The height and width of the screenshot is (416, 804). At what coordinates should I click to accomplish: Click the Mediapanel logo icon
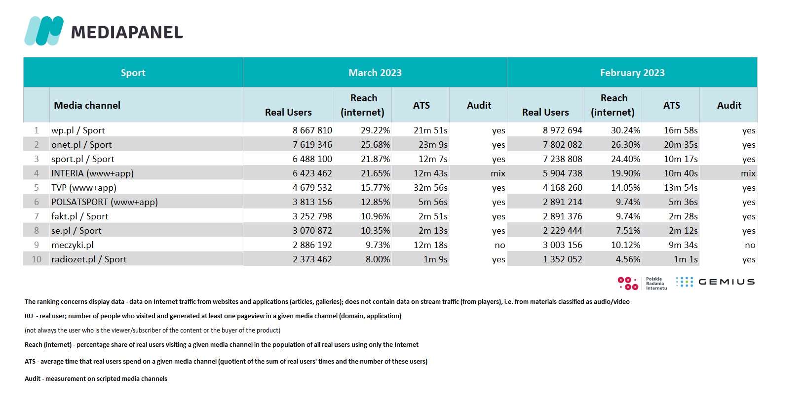(x=44, y=31)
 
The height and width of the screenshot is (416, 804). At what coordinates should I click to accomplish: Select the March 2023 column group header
(x=375, y=73)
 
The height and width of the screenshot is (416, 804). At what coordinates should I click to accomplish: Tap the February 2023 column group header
(x=632, y=73)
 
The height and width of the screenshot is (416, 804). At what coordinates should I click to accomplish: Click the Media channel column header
(x=87, y=105)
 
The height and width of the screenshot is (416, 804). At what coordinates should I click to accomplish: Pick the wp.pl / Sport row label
(x=78, y=130)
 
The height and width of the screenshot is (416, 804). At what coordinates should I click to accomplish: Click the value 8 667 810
(x=312, y=130)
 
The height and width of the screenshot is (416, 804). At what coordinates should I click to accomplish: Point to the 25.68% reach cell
(x=376, y=145)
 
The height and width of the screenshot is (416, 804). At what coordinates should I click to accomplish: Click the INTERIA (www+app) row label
(x=92, y=173)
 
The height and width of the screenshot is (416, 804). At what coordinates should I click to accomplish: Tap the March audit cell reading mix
(x=498, y=173)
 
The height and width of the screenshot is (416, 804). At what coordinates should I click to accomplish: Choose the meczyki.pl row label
(x=73, y=245)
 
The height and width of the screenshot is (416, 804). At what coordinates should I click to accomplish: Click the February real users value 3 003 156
(x=563, y=245)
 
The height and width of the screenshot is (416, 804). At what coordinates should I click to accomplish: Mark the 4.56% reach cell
(x=628, y=259)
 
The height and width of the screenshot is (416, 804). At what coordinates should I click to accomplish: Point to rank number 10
(x=37, y=259)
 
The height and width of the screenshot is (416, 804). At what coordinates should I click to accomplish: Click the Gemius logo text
(x=727, y=282)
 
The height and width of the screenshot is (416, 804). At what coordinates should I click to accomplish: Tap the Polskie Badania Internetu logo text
(x=656, y=284)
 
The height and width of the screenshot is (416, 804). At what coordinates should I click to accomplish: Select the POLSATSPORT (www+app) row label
(x=105, y=202)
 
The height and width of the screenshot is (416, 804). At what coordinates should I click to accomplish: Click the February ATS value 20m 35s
(x=681, y=145)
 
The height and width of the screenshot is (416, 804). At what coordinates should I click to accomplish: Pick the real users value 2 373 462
(x=312, y=259)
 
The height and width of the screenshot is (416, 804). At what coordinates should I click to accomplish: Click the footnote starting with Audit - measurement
(x=96, y=378)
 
